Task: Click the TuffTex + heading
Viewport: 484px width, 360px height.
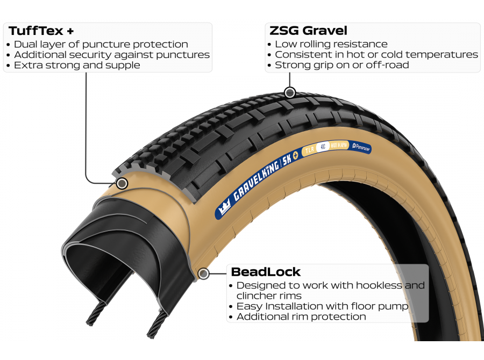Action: (40, 31)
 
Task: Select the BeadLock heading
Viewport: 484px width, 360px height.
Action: (266, 272)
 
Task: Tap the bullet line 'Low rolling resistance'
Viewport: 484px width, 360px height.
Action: (331, 44)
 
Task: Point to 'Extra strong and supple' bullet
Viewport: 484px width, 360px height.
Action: (77, 65)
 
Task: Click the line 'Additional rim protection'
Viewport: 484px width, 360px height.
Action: (301, 316)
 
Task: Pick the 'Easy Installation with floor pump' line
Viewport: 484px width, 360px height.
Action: (322, 306)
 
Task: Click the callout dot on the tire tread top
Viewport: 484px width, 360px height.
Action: (290, 92)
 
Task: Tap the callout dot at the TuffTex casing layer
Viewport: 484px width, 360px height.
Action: (122, 183)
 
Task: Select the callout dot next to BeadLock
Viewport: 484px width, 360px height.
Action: (203, 274)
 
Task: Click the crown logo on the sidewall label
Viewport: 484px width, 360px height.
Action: (225, 208)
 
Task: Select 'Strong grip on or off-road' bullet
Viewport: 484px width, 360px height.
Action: (341, 65)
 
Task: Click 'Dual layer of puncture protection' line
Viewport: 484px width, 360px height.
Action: (101, 44)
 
